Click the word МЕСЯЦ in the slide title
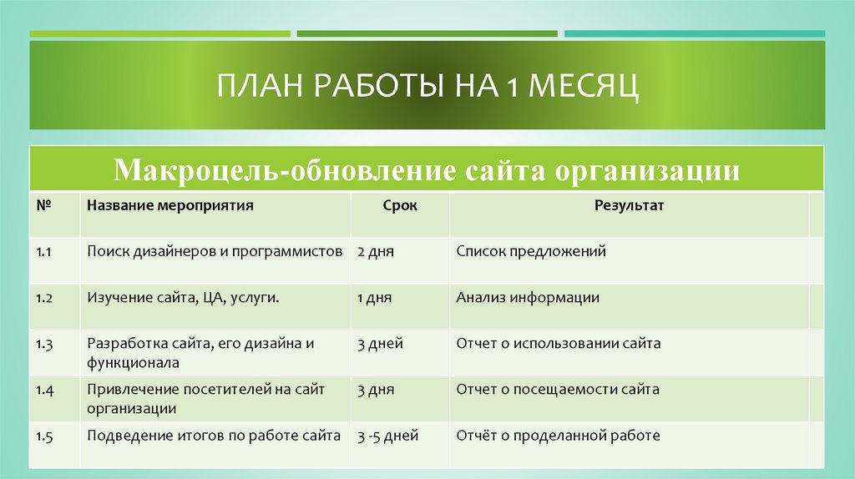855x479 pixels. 584,86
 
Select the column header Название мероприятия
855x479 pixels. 169,204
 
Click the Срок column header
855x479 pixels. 400,204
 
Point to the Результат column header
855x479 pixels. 629,204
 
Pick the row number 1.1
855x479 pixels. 45,251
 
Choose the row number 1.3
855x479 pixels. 45,343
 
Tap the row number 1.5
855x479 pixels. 45,436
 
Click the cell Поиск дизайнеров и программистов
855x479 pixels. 215,251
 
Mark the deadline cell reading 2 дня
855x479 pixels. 375,251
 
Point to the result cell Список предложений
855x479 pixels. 531,251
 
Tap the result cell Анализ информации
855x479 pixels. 528,297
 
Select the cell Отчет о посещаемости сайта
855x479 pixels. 558,389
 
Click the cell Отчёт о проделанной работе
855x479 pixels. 559,436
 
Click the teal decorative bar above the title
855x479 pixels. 694,34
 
